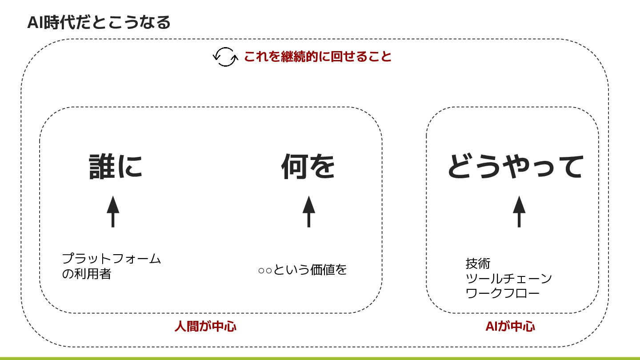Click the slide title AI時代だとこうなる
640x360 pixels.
tap(99, 22)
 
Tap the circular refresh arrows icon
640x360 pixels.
tap(225, 57)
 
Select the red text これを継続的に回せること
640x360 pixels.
tap(317, 57)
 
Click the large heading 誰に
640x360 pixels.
tap(116, 167)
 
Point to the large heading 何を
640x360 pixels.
tap(308, 167)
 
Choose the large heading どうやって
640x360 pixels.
tap(515, 167)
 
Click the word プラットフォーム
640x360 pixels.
tap(111, 259)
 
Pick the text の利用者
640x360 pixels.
tap(86, 274)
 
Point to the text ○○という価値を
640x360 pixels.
tap(302, 270)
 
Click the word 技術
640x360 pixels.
tap(478, 264)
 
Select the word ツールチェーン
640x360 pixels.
tap(508, 279)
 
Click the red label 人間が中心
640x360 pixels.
tap(205, 327)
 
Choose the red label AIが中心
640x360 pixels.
tap(510, 327)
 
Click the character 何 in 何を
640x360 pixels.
tap(294, 167)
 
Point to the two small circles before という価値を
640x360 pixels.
tap(265, 270)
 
